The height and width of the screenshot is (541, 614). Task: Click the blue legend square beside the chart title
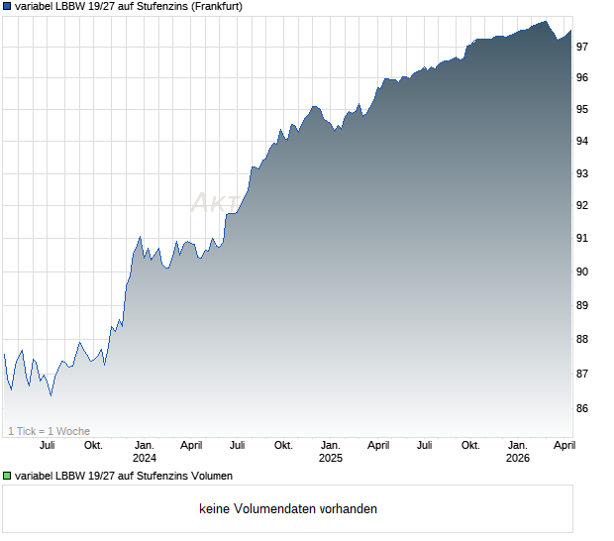[8, 6]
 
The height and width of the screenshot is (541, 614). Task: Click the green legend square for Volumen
[8, 477]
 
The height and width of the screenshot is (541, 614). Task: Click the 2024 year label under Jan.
[145, 458]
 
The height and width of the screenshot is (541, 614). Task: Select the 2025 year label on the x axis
[331, 458]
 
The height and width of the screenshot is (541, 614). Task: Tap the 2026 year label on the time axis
[518, 458]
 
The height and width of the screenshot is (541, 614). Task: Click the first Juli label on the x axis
[47, 445]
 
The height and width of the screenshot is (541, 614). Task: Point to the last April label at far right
[563, 445]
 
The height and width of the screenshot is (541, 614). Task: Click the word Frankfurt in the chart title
[210, 6]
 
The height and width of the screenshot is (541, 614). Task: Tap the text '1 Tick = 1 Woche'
[49, 431]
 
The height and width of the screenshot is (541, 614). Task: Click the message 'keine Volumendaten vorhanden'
[288, 509]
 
